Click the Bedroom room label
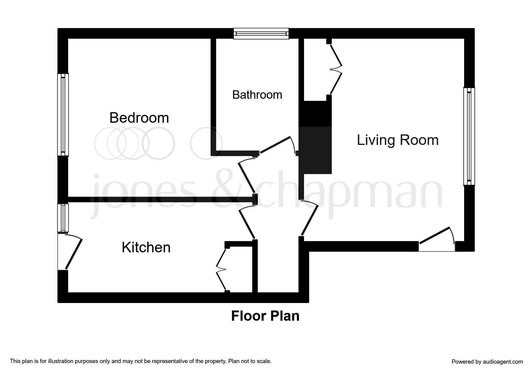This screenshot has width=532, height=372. [139, 118]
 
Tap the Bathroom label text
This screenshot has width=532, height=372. [257, 95]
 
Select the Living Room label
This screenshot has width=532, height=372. [397, 140]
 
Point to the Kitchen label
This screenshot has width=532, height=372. [146, 247]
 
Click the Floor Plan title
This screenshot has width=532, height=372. [265, 316]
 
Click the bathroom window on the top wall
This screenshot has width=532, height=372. [261, 34]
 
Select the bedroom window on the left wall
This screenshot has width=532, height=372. [63, 115]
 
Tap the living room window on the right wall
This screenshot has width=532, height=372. [469, 136]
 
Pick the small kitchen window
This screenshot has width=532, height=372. [63, 218]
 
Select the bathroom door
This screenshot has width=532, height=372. [275, 145]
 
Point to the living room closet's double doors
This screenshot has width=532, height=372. [336, 69]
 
